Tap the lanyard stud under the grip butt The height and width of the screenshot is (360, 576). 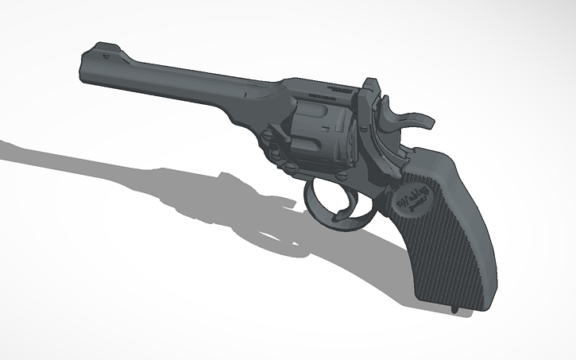455,306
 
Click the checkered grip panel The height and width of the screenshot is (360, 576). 445,238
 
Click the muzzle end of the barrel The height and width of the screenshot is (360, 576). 86,67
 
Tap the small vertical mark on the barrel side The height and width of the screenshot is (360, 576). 247,95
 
